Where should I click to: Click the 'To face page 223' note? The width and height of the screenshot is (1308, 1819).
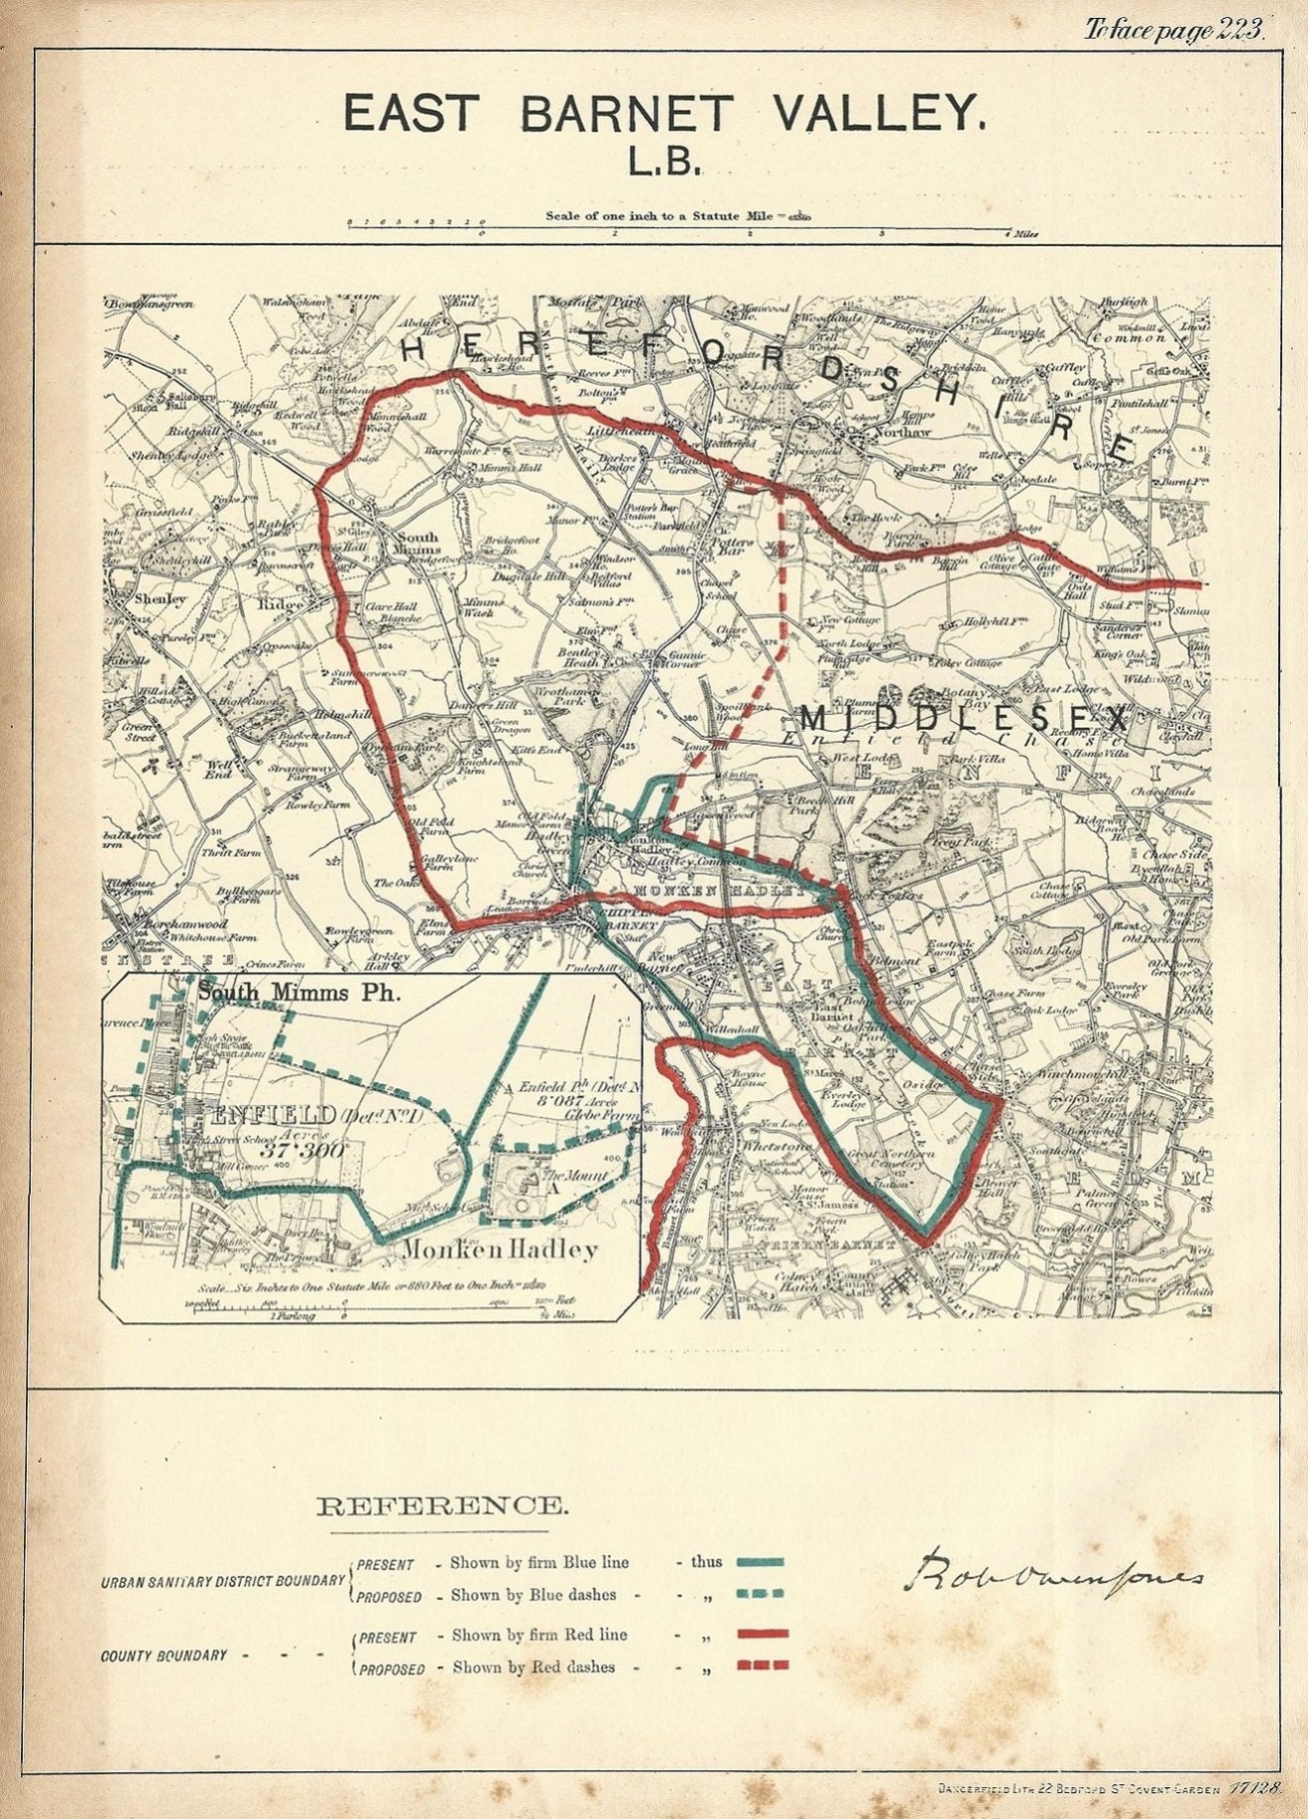(1173, 30)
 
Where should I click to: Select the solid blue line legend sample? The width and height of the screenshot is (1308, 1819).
(761, 1561)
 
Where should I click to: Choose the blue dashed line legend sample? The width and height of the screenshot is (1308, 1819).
(761, 1593)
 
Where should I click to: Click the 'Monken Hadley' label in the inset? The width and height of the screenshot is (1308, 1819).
(500, 1250)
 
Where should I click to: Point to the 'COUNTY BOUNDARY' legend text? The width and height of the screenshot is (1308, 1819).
(164, 1654)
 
